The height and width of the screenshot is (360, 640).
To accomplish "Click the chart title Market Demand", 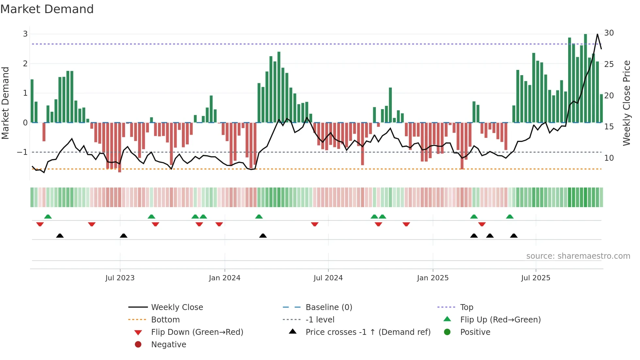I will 47,9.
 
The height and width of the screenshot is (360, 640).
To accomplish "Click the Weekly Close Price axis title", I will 626,103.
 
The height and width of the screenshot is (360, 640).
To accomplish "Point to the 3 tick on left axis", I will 25,34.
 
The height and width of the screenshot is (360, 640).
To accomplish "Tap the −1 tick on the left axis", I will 23,152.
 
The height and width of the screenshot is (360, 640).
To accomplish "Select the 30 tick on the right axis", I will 609,33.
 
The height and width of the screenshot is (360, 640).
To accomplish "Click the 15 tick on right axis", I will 609,127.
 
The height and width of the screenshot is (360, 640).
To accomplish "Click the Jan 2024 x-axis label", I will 224,278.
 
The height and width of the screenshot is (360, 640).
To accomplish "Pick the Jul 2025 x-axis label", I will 536,278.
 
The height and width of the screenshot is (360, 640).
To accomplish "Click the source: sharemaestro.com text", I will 578,256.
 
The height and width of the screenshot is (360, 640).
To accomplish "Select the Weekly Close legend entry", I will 177,307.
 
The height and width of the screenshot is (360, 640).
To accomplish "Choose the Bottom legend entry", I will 165,320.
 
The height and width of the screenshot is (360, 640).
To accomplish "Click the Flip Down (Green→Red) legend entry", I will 197,332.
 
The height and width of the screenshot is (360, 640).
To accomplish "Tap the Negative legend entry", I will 168,345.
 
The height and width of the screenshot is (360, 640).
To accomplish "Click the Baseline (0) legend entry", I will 328,307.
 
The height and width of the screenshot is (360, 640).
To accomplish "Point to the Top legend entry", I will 466,307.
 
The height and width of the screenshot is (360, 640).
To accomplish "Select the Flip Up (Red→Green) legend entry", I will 500,320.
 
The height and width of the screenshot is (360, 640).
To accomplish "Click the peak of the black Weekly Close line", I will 597,34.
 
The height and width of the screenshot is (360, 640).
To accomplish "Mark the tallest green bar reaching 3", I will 585,78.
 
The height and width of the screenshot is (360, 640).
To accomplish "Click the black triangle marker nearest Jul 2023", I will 123,236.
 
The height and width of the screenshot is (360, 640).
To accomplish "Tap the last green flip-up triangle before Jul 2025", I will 510,217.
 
